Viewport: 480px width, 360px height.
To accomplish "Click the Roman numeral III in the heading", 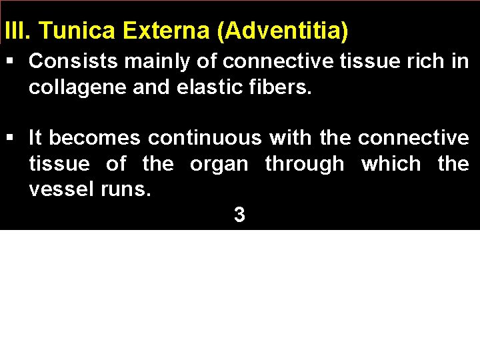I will click(13, 31).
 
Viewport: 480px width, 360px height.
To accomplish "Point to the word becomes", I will click(95, 138).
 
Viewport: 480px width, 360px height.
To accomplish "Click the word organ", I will click(219, 164).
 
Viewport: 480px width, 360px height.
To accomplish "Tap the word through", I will click(304, 164).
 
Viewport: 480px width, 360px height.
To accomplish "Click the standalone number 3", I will click(239, 215).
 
